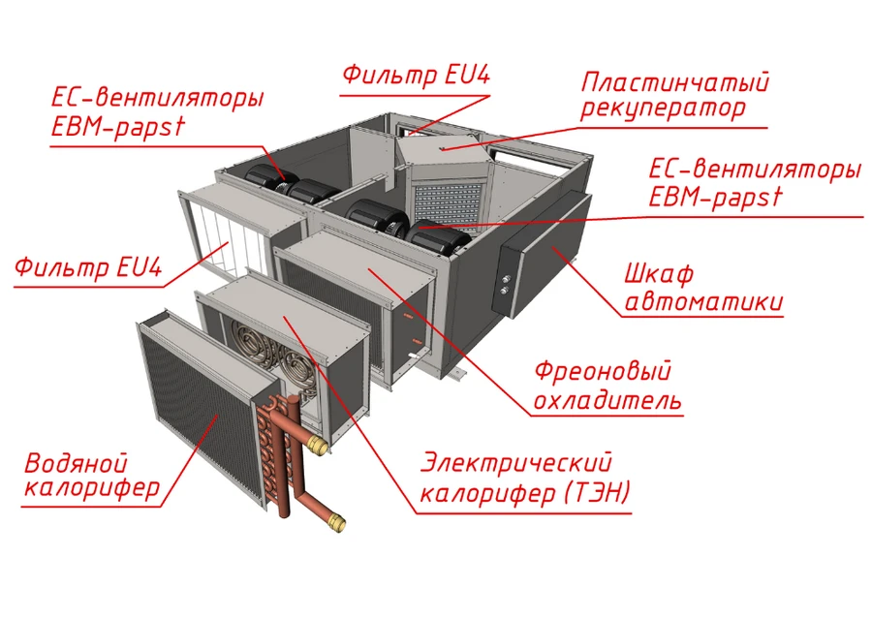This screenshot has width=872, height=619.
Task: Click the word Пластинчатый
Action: click(x=674, y=82)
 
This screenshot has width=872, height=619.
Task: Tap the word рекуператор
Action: click(x=663, y=108)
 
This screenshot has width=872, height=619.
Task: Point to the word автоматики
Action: click(x=703, y=302)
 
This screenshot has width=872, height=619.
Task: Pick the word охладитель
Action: click(x=607, y=400)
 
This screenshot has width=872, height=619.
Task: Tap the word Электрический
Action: click(x=515, y=463)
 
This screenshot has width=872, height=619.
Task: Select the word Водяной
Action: click(x=77, y=463)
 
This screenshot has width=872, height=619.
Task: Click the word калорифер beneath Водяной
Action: click(x=92, y=488)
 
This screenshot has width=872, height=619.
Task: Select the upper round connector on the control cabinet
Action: click(x=506, y=279)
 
